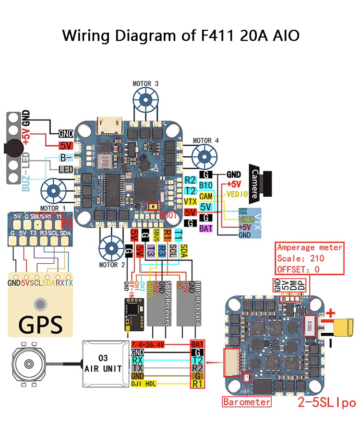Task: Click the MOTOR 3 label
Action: (145, 83)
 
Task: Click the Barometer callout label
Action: (246, 401)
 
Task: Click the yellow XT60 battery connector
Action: (345, 328)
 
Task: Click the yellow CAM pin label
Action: (206, 196)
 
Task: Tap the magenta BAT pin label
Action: (206, 228)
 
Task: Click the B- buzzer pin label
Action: (65, 157)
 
